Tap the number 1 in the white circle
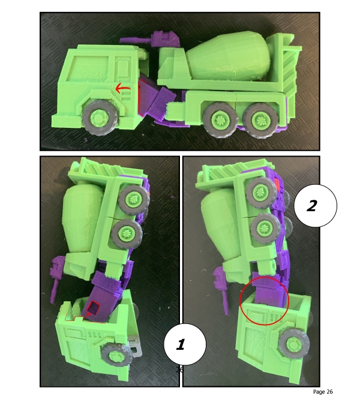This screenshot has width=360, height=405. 179,344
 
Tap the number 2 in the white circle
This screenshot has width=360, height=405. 311,206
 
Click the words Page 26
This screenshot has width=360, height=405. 323,392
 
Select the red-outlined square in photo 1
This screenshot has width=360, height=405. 94,309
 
